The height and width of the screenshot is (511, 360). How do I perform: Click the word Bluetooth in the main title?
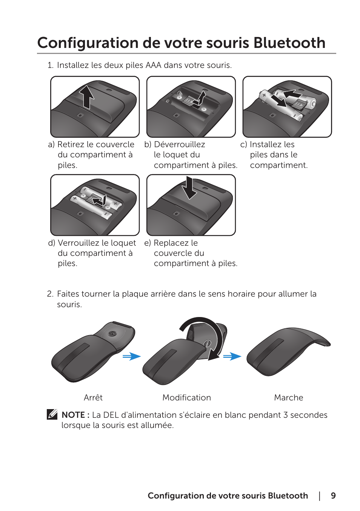pos(289,43)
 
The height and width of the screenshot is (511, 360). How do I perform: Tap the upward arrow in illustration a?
pos(87,97)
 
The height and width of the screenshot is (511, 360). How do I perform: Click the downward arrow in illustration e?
pos(189,188)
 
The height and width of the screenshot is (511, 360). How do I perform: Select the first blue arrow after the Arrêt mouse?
pos(131,356)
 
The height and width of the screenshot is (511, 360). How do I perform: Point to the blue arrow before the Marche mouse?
pos(232,356)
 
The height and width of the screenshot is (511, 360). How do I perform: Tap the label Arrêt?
pos(93,398)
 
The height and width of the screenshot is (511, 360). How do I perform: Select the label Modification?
pos(186,398)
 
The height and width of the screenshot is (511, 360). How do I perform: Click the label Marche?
pos(288,398)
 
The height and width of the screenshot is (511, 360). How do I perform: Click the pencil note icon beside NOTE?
pos(52,414)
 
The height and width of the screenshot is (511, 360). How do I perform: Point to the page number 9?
pos(333,496)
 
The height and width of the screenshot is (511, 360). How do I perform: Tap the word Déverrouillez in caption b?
pos(180,145)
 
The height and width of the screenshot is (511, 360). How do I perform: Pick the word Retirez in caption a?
pos(71,145)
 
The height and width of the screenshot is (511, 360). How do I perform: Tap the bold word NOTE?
pos(73,415)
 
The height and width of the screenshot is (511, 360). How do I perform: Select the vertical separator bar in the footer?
pos(320,496)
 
